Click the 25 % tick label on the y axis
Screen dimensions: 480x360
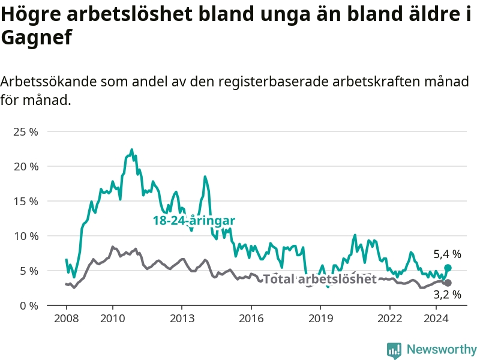26,132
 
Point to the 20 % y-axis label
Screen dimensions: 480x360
26,167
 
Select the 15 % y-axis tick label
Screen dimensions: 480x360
26,202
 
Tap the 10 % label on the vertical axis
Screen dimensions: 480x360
26,236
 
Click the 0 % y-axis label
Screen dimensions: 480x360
29,306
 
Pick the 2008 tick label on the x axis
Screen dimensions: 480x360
67,319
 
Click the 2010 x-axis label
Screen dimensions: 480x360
113,319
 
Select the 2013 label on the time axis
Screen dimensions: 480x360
182,319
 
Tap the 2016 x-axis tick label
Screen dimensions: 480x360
251,319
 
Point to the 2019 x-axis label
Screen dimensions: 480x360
320,319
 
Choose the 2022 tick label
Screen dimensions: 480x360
389,319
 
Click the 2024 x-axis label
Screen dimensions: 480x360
436,319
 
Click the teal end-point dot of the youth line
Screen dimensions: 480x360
448,268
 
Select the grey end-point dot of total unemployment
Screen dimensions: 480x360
448,283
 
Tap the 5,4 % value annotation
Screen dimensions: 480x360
447,254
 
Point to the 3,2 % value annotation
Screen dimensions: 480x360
447,295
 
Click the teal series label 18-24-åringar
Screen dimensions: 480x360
194,220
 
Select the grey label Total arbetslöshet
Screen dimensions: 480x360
320,279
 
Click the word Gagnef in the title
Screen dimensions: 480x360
37,38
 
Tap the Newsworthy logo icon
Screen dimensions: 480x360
394,350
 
